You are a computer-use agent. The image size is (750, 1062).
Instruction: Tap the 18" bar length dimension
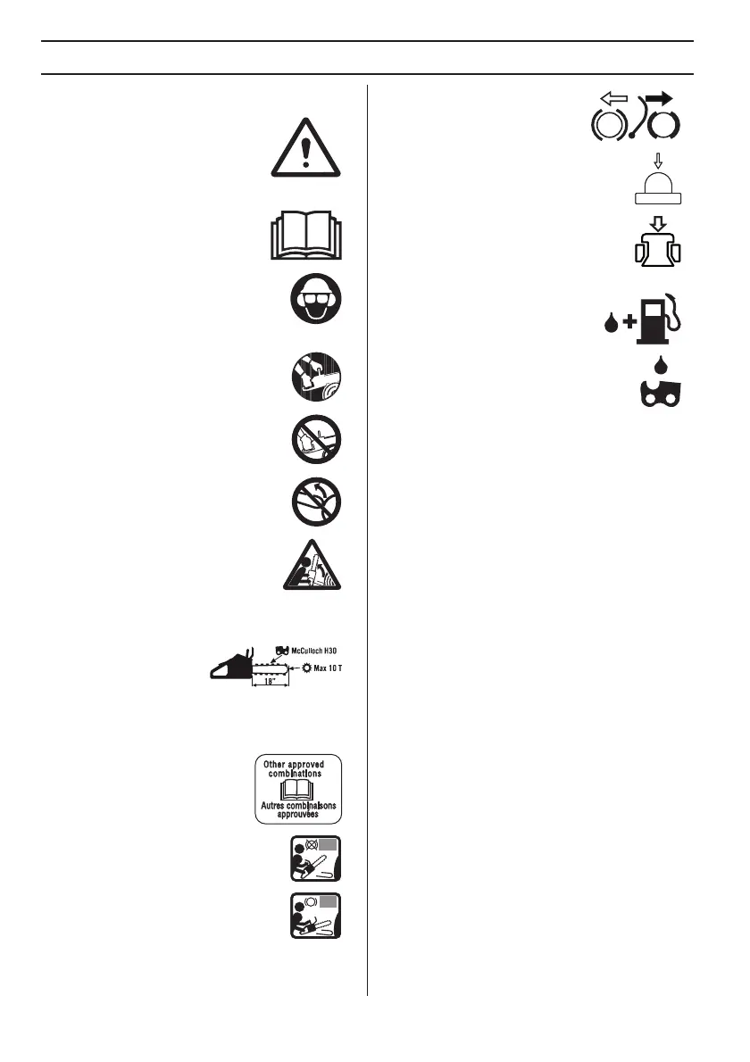point(269,680)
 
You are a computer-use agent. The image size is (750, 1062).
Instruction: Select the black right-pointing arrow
point(659,98)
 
